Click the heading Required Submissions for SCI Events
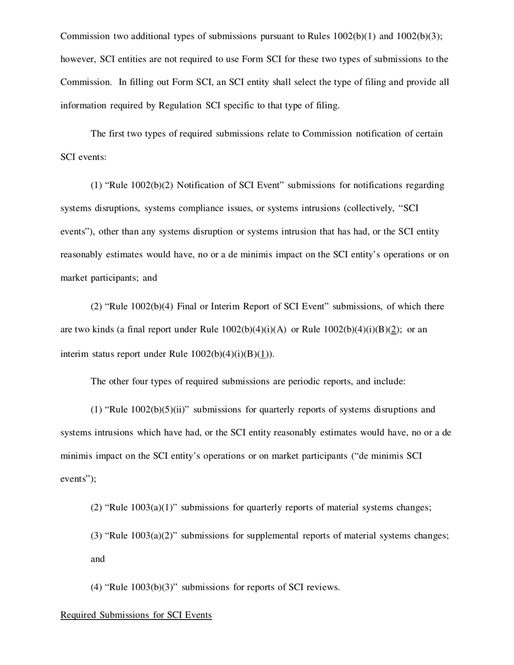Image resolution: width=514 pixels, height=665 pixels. coord(136,615)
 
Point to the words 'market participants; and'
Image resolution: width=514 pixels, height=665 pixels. coord(108,278)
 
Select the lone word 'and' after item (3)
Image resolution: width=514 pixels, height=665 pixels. coord(97,559)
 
